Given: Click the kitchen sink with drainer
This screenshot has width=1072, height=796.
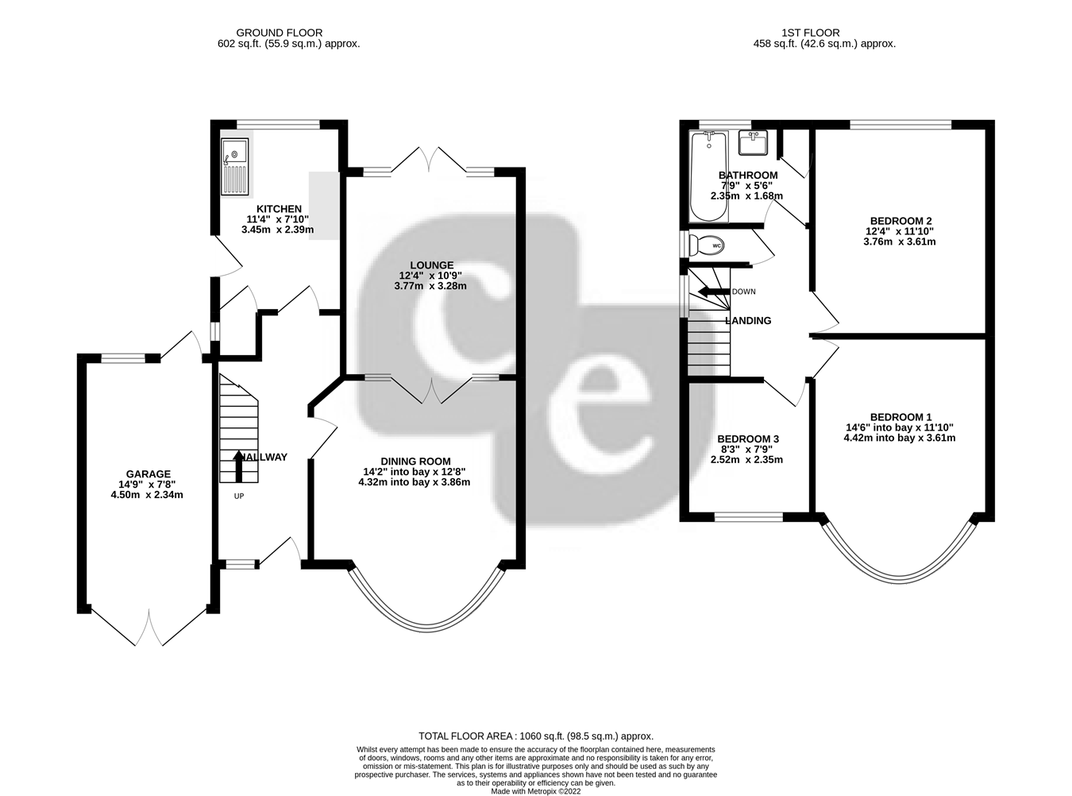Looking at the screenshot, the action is [235, 167].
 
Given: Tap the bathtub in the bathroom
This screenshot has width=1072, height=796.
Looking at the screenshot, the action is [708, 176].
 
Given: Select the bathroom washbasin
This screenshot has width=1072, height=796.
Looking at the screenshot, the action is [753, 143].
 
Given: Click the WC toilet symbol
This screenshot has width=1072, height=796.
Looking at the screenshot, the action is [706, 245].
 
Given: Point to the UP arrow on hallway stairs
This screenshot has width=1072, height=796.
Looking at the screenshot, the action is [238, 466].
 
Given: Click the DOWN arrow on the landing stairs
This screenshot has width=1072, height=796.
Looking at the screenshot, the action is [713, 292].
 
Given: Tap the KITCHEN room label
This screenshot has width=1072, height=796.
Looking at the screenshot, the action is [279, 209].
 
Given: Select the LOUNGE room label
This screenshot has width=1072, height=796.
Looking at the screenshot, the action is [432, 265].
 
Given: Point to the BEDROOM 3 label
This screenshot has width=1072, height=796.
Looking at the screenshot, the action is [748, 439].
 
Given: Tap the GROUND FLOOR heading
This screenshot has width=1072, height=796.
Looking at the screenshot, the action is [279, 33].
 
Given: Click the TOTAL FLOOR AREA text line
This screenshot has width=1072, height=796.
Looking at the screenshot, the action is [535, 736].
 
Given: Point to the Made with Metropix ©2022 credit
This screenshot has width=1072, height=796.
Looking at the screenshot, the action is [535, 792].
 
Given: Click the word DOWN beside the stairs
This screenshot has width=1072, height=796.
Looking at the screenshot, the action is [744, 292].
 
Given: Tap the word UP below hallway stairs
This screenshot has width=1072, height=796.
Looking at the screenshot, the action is [239, 496].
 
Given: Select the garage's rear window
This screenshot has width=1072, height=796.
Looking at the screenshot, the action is [123, 357].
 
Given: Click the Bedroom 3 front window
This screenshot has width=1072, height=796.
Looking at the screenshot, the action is [749, 516].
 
